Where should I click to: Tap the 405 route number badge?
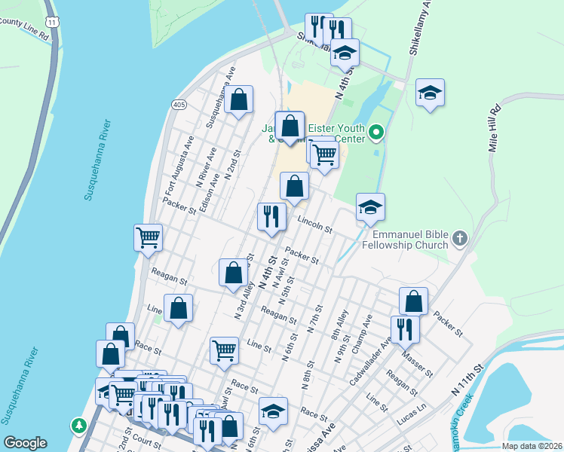pos(179,103)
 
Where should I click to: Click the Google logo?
pos(25,442)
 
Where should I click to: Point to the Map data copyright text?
pos(532,446)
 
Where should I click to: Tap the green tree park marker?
pos(78,426)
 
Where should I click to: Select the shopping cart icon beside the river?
pos(149,237)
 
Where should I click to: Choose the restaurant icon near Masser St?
pos(405,328)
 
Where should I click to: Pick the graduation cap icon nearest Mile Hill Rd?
pos(430,92)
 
